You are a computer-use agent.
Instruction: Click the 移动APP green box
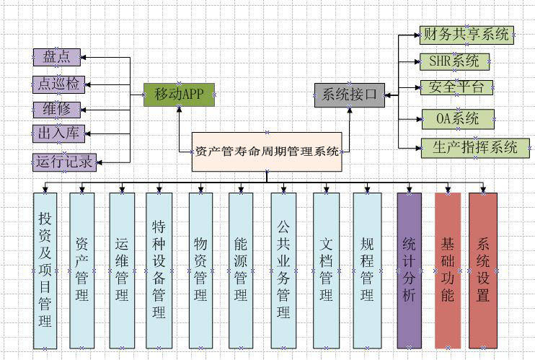(x=179, y=95)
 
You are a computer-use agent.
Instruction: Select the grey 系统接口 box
(x=350, y=95)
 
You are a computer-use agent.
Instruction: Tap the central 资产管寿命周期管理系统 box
(x=267, y=152)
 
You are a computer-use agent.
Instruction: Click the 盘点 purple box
(x=57, y=56)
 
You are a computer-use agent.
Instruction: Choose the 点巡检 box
(x=58, y=84)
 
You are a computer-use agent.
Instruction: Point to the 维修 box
(x=57, y=110)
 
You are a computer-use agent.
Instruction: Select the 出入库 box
(x=58, y=134)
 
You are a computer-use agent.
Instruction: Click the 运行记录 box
(x=64, y=162)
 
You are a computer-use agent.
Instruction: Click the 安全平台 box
(x=457, y=88)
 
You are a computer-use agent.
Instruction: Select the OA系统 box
(x=458, y=118)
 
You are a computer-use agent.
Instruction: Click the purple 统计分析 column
(x=409, y=270)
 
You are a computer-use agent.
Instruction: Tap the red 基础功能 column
(x=447, y=270)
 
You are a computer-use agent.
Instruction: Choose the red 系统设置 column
(x=483, y=270)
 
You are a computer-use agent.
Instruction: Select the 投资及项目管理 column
(x=45, y=270)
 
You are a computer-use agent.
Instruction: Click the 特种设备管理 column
(x=159, y=270)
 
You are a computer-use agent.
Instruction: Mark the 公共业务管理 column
(x=283, y=270)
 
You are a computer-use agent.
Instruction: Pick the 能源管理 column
(x=242, y=270)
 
